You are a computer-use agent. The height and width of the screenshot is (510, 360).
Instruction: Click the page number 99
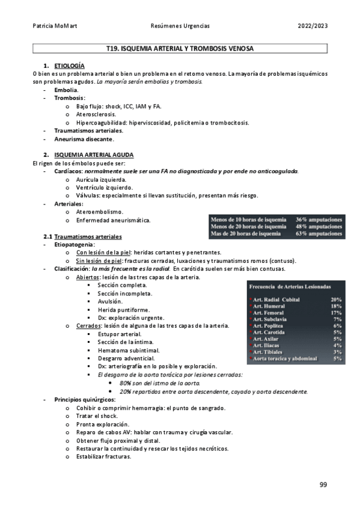[323, 484]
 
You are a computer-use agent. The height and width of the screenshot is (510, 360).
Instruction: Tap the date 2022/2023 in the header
[312, 26]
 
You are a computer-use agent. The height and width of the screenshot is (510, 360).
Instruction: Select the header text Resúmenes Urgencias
[180, 26]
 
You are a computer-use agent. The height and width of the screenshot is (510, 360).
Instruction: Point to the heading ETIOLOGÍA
[69, 65]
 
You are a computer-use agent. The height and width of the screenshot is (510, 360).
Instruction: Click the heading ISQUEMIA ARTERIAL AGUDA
[98, 155]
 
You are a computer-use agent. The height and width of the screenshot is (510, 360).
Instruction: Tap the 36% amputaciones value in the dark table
[319, 220]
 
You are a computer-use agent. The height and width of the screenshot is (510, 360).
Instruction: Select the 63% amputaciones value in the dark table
[319, 234]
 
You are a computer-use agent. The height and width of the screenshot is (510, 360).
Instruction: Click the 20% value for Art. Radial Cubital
[336, 299]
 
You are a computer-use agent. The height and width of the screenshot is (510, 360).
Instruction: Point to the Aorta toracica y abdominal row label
[285, 358]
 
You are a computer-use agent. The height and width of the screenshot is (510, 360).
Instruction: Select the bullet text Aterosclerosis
[96, 114]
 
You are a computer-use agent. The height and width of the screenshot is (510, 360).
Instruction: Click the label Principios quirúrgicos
[85, 399]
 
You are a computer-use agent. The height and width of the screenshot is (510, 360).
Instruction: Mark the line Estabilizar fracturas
[103, 456]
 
